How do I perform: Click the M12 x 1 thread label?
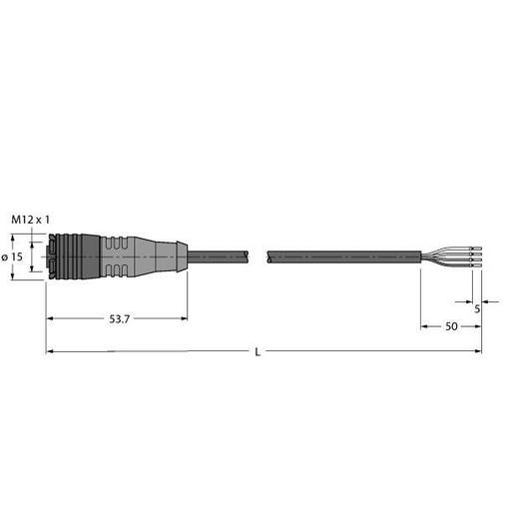click(x=29, y=219)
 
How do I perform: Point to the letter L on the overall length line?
click(x=259, y=351)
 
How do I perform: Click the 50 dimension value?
click(x=450, y=327)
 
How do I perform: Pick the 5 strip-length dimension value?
click(x=477, y=308)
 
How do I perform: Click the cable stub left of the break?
click(x=215, y=257)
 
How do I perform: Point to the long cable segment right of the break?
click(x=339, y=257)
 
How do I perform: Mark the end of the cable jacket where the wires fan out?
click(x=420, y=257)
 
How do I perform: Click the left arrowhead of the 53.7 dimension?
click(x=51, y=319)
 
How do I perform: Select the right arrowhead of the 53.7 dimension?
click(x=183, y=319)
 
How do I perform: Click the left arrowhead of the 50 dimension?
click(x=424, y=327)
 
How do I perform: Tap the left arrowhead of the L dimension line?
click(x=51, y=351)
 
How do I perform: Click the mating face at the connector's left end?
click(x=47, y=257)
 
